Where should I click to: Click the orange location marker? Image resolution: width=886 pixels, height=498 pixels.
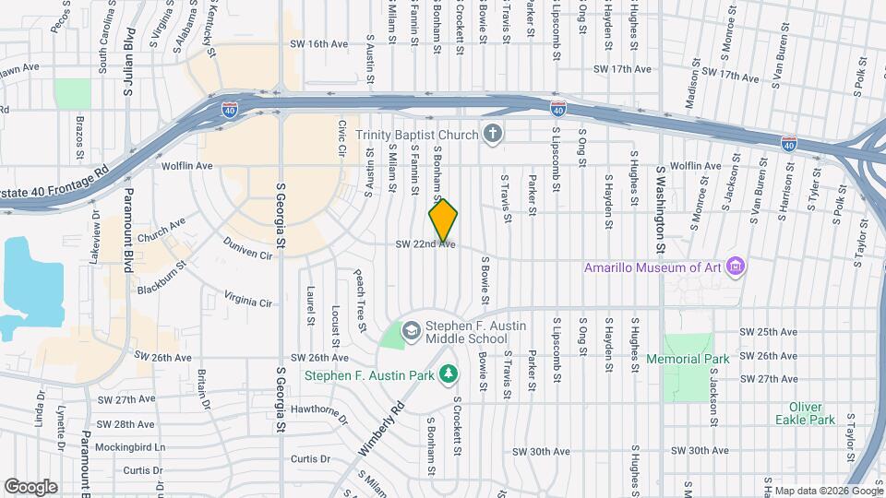tap(443, 220)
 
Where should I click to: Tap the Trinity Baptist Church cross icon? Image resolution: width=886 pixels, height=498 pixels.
tap(493, 135)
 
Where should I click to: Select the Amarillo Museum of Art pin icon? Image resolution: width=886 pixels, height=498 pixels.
tap(736, 268)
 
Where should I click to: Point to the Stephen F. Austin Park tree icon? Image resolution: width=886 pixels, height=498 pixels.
tap(448, 374)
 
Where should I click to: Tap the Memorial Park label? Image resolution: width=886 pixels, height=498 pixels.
tap(688, 359)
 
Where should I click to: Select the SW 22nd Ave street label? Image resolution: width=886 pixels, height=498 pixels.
tap(425, 244)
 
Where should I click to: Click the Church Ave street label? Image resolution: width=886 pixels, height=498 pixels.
tap(161, 230)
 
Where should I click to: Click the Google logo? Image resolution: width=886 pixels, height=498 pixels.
tap(30, 486)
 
